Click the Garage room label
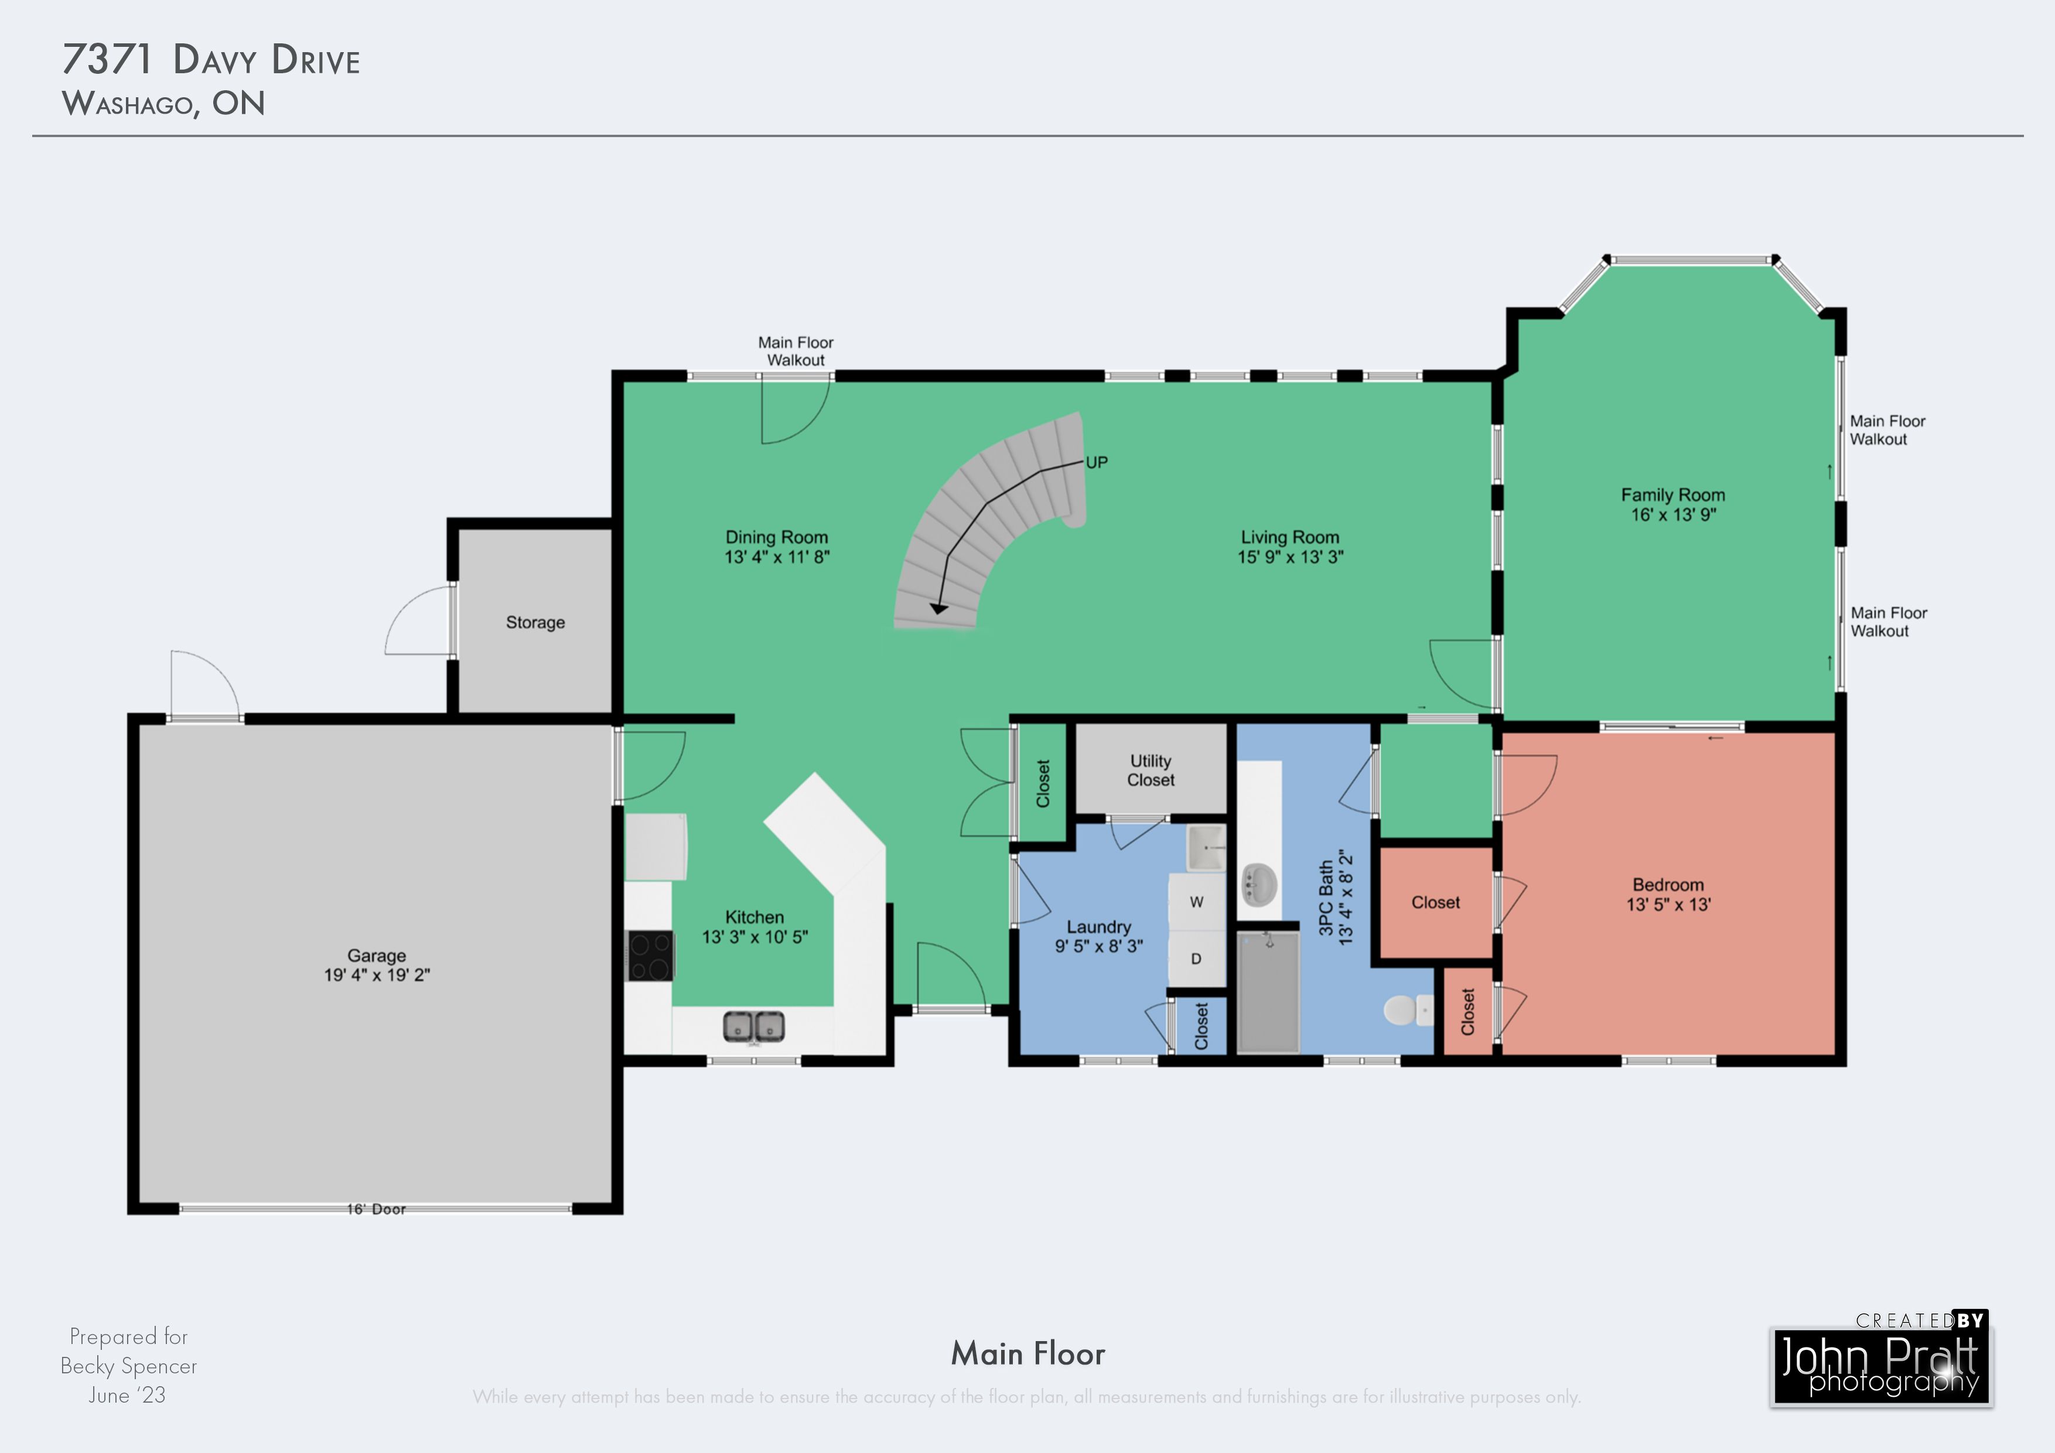click(377, 955)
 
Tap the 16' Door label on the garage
click(376, 1209)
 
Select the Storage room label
click(535, 622)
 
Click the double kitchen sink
click(753, 1026)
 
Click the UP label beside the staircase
click(1097, 462)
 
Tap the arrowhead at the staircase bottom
click(938, 609)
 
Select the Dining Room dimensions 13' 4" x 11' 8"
click(777, 557)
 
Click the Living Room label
click(1290, 537)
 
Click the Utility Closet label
click(1150, 770)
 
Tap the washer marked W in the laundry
click(1196, 902)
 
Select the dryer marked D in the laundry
click(1196, 959)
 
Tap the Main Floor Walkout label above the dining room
click(796, 351)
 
